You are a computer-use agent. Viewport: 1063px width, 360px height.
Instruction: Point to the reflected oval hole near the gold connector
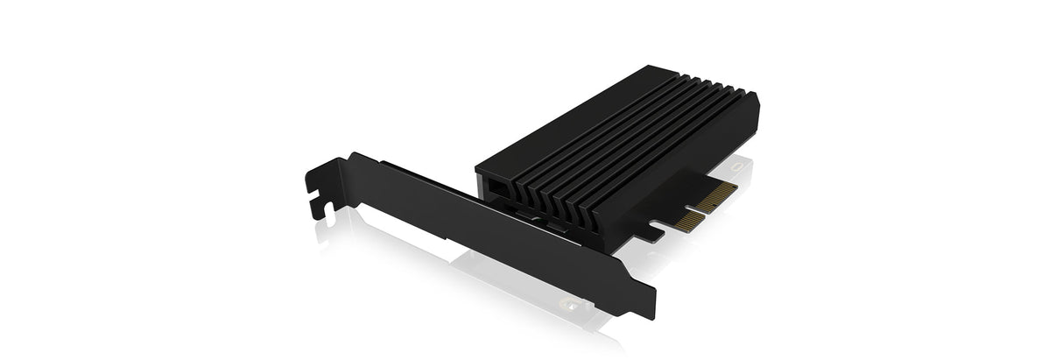click(743, 165)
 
